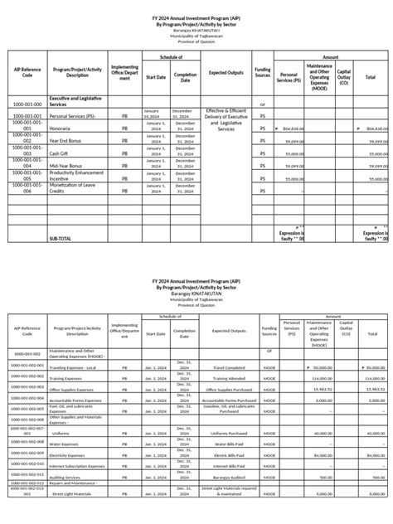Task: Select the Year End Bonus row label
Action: [70, 141]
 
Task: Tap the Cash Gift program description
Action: [58, 153]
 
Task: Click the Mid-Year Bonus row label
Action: [67, 165]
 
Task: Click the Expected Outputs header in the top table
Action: [226, 73]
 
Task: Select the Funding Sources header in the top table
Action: [263, 73]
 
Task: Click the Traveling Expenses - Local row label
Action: [77, 366]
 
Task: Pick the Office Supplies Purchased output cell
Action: [226, 388]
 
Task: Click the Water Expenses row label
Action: [66, 444]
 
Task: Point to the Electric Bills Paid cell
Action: [226, 454]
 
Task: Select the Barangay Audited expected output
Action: [226, 477]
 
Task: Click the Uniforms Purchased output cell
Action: [226, 432]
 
